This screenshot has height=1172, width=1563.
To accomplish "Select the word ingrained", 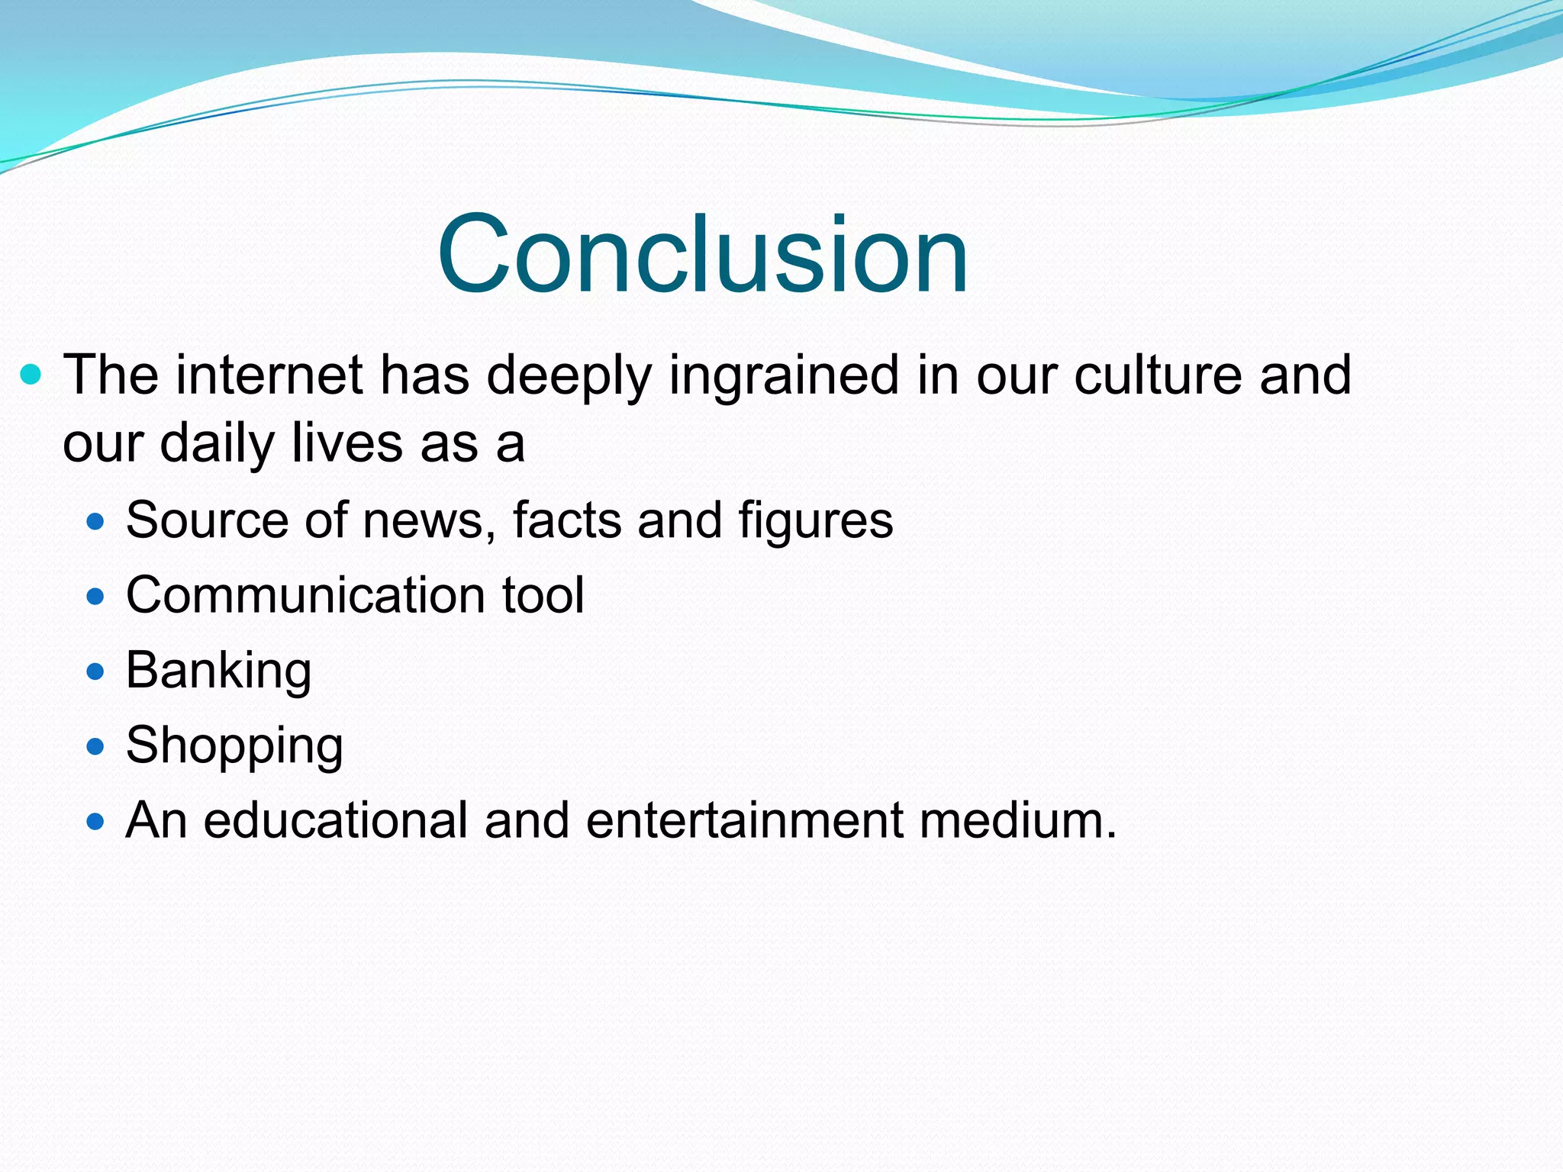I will pos(784,376).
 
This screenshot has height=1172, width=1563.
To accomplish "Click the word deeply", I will pos(569,376).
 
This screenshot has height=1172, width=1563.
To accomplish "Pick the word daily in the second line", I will pos(217,444).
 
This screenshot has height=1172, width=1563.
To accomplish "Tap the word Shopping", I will pos(234,746).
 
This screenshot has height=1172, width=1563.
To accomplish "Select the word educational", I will pos(335,821).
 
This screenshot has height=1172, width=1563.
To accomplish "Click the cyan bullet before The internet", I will pos(31,375).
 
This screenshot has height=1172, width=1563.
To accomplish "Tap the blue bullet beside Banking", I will pos(95,672).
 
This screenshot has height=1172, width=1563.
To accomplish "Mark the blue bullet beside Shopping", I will pos(95,747).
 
